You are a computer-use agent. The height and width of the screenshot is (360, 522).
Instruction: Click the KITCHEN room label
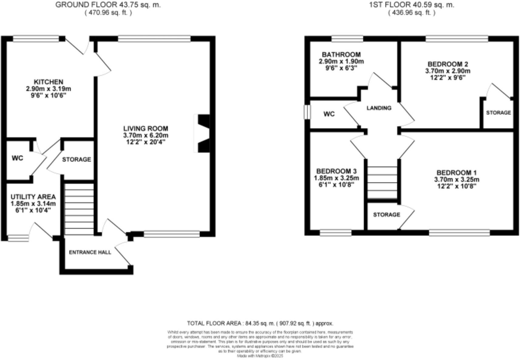point(49,82)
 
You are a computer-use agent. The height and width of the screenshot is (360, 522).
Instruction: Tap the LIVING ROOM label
point(146,129)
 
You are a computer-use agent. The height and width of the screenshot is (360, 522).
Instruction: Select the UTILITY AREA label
point(33,197)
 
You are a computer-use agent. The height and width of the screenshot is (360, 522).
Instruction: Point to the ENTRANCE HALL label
point(90,252)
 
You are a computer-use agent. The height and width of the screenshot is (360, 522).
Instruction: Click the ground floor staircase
point(79,209)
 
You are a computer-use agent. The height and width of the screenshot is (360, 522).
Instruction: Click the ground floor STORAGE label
point(76,160)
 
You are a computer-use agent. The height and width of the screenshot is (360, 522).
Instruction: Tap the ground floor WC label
point(17,158)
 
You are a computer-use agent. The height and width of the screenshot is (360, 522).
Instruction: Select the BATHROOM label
point(341,55)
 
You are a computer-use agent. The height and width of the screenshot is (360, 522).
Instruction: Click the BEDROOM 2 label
point(448,64)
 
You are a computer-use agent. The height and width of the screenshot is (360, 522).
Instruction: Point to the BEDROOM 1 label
point(454,173)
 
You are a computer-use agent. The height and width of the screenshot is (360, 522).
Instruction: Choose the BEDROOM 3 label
point(336,171)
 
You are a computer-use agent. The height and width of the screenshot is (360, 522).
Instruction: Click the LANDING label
point(379,108)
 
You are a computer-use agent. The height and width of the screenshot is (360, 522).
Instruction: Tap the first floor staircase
point(382,183)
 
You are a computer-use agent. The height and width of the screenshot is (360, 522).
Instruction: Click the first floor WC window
point(307,112)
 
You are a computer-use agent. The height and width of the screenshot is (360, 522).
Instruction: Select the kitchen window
point(36,39)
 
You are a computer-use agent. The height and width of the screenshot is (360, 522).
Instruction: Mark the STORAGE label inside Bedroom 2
point(498,113)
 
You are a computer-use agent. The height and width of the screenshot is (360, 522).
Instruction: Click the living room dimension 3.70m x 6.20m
point(146,135)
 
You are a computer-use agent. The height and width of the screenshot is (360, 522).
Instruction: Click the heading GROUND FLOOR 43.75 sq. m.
point(108,5)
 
